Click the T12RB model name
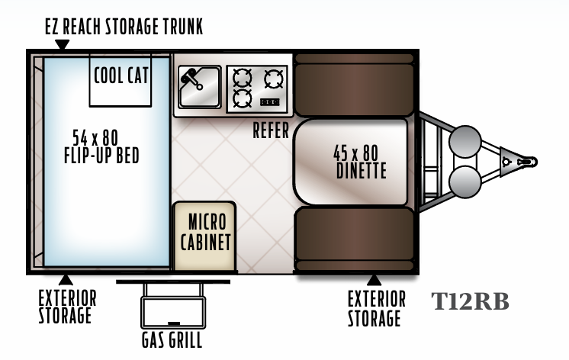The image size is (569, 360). click(471, 301)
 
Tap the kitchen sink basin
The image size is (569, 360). click(200, 87)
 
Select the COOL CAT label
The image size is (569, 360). click(121, 76)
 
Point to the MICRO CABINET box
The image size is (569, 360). click(204, 236)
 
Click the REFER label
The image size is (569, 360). click(271, 130)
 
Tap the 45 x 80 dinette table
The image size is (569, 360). click(351, 162)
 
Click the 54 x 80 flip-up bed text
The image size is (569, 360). click(101, 147)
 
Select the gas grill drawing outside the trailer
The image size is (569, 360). click(173, 304)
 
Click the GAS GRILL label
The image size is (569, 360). click(172, 340)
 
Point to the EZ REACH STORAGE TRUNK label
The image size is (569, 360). click(124, 27)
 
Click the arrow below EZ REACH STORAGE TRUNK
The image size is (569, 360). click(62, 44)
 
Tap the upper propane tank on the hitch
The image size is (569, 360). click(465, 142)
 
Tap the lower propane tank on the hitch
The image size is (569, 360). click(465, 182)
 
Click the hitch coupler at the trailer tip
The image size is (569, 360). click(527, 162)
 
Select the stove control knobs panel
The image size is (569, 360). click(270, 102)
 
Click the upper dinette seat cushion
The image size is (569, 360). click(354, 85)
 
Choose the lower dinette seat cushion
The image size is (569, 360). click(354, 239)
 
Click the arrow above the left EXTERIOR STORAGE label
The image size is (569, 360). click(66, 280)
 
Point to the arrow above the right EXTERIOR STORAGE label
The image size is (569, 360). click(374, 280)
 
